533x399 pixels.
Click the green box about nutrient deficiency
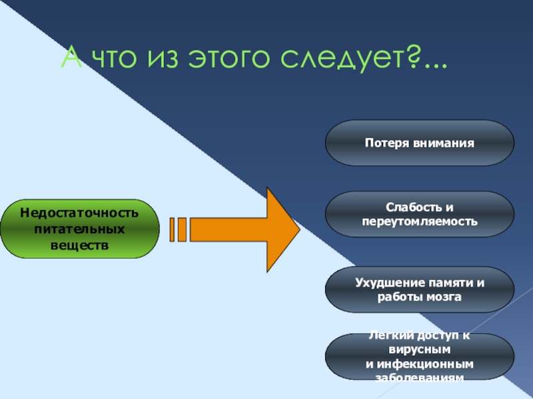[x=79, y=229]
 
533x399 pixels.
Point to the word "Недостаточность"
[x=79, y=213]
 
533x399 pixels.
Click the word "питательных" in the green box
[x=79, y=229]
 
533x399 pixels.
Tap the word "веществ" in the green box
[x=79, y=244]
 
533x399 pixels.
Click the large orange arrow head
[x=280, y=229]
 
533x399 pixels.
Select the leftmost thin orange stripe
[x=173, y=229]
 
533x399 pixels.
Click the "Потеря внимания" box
[x=419, y=143]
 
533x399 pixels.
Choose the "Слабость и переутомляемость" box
[x=419, y=214]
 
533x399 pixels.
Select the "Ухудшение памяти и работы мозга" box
[x=419, y=289]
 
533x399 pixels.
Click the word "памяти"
[x=452, y=283]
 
